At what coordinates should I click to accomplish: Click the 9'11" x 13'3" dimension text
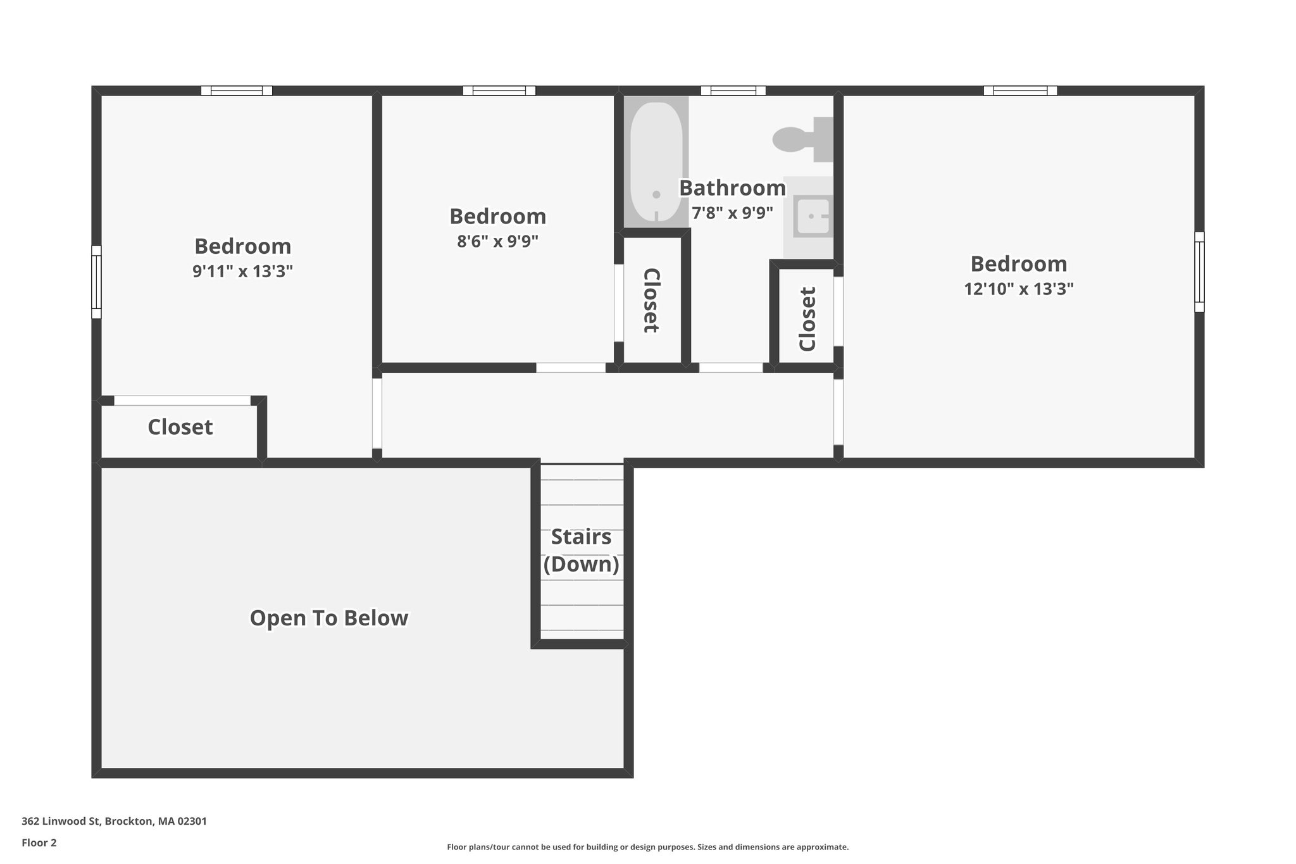(242, 272)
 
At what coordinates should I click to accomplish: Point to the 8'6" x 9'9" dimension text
(497, 242)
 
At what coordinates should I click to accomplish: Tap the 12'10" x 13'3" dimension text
(1018, 289)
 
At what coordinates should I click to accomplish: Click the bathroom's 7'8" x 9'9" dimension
(732, 213)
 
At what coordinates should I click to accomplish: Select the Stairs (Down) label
(581, 551)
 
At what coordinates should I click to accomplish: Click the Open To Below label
(329, 618)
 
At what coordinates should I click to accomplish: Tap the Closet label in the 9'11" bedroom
(180, 427)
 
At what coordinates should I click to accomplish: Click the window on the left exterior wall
(96, 282)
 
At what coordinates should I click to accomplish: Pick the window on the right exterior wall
(1199, 272)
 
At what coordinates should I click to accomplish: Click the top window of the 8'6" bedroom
(499, 91)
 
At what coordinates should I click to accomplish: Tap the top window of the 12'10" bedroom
(1020, 91)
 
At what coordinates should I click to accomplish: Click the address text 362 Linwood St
(114, 821)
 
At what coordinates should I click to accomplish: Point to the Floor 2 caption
(39, 842)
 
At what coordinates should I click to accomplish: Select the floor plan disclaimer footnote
(647, 847)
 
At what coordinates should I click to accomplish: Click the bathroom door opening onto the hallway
(730, 367)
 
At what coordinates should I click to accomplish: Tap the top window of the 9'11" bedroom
(237, 91)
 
